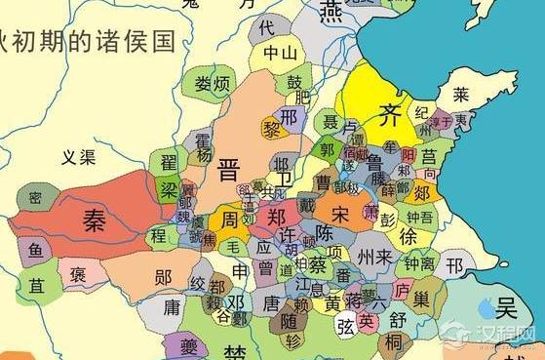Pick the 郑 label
277,216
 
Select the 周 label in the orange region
231,216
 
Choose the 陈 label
327,236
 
